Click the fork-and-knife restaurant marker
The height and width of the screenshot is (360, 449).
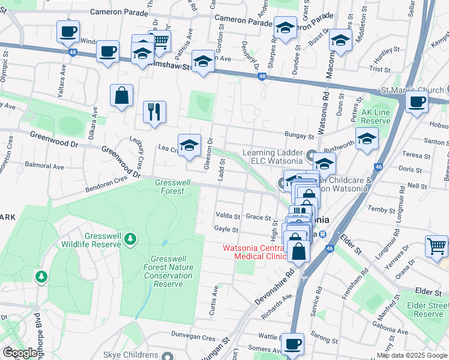(x=154, y=112)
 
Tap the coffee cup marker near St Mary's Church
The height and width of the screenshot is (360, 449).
(x=417, y=101)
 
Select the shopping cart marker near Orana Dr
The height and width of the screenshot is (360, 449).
(x=436, y=246)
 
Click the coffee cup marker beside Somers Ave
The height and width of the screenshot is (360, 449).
(x=292, y=344)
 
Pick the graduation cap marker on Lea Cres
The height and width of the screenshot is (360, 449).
(x=189, y=145)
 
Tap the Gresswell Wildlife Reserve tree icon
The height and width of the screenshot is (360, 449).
(x=130, y=240)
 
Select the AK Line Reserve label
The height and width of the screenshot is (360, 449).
(x=376, y=116)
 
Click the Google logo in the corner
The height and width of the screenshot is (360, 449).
(x=20, y=353)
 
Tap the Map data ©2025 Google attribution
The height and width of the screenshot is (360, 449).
(x=412, y=355)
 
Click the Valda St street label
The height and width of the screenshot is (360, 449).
(x=228, y=216)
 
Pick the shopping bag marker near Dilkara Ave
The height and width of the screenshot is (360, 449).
(x=121, y=95)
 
